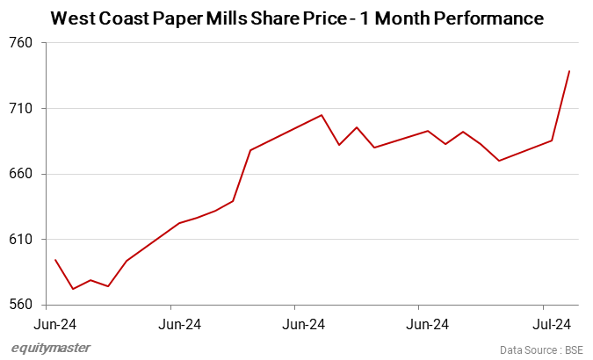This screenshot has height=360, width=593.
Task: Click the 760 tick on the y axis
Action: [x=20, y=43]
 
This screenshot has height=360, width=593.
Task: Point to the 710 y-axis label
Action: [x=20, y=109]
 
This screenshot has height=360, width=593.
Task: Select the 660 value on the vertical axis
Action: [x=20, y=174]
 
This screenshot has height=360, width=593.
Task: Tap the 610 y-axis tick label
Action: [x=20, y=240]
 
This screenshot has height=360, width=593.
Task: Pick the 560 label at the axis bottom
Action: [x=20, y=305]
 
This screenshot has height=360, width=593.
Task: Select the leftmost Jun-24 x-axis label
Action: [x=56, y=324]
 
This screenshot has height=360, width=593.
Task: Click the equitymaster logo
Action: [x=50, y=348]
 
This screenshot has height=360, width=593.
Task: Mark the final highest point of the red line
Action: [x=569, y=71]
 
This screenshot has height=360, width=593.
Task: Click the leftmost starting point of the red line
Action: [x=55, y=260]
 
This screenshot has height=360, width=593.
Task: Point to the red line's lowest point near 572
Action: [x=73, y=289]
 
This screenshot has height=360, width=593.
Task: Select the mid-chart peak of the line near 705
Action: [x=322, y=115]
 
